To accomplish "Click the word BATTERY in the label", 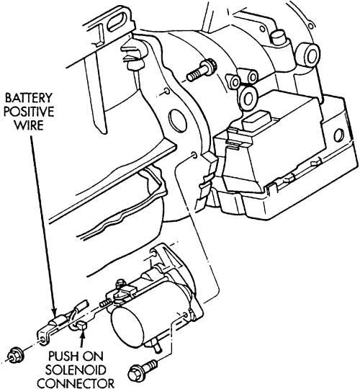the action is coord(28,98).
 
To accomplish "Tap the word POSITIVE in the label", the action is coord(29,112).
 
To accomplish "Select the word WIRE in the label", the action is coord(28,125).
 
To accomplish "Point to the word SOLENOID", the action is coord(76,370).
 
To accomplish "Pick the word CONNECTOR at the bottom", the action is coord(76,383).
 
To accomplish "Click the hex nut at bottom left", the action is coord(15,358).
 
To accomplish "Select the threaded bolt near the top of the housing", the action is coord(202,70).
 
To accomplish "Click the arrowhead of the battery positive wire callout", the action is coord(54,313).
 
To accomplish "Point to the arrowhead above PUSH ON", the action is coord(82,335).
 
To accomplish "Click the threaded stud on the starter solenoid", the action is coord(105,303).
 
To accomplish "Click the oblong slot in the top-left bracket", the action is coord(119,20).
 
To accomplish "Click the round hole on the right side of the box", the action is coord(338,135).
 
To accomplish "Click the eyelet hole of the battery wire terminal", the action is coord(43,339).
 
